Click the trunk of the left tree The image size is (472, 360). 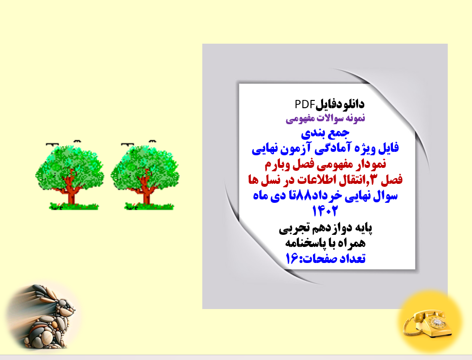(x=72, y=192)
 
